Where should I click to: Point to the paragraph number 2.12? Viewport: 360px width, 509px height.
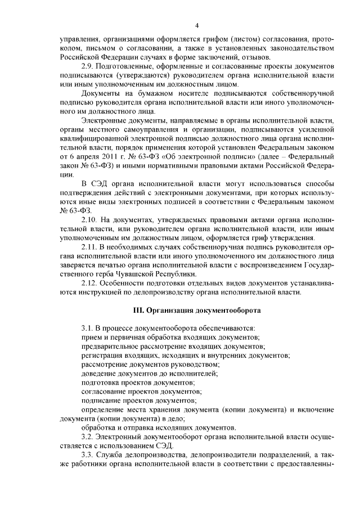pos(90,282)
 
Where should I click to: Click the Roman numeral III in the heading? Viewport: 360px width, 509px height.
pos(138,309)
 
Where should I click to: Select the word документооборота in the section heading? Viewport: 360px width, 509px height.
pos(228,309)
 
